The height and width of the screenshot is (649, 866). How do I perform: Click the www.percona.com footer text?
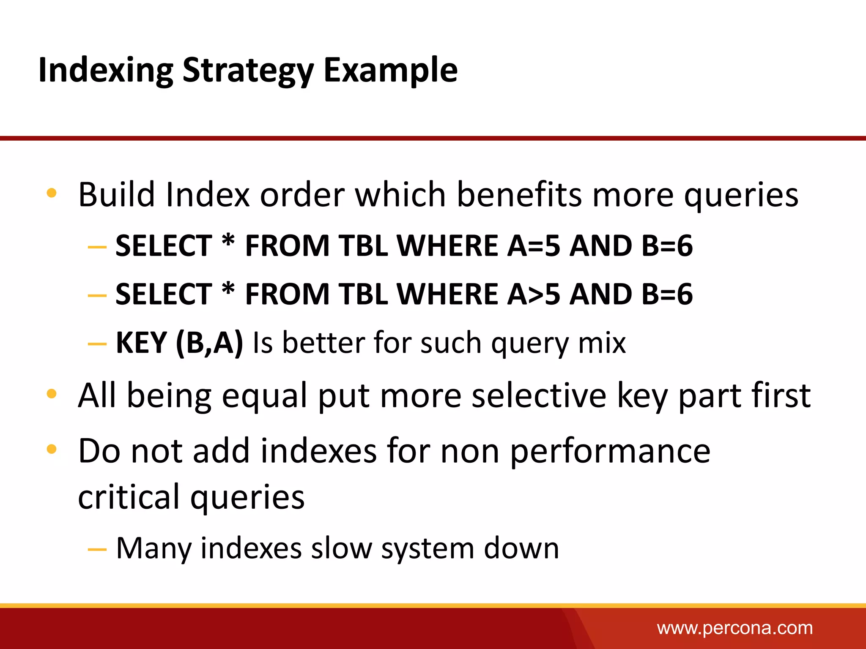tap(734, 628)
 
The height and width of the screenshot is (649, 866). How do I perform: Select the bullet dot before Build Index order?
tap(52, 194)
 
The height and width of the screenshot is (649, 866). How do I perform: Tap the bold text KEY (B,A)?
tap(179, 342)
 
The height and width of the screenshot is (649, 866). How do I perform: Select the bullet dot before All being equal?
tap(52, 394)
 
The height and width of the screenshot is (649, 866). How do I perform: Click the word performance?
tap(610, 451)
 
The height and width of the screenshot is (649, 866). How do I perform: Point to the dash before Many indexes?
tap(97, 549)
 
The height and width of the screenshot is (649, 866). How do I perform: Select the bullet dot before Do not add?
tap(52, 449)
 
